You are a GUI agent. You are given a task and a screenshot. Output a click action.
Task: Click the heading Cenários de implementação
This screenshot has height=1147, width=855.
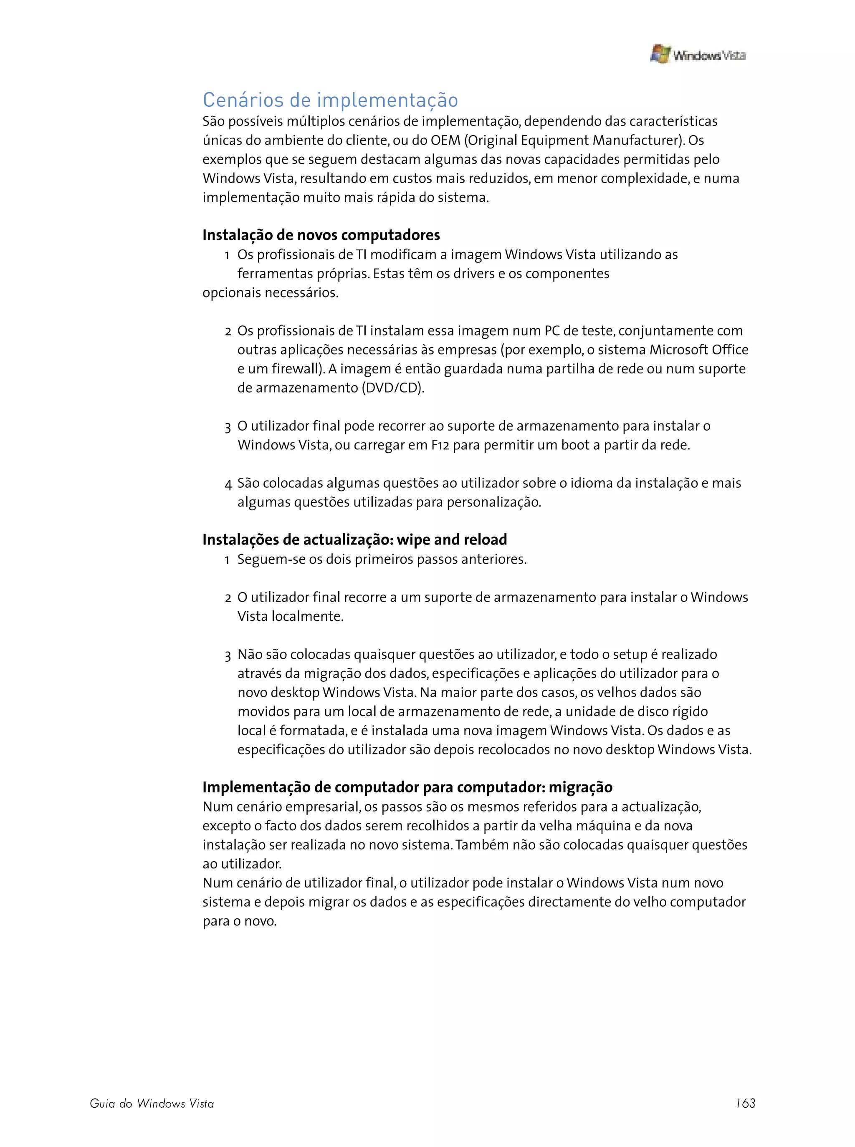(330, 100)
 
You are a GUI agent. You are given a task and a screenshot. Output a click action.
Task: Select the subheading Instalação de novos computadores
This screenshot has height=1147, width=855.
(321, 235)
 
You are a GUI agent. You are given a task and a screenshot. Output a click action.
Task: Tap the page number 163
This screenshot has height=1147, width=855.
(745, 1103)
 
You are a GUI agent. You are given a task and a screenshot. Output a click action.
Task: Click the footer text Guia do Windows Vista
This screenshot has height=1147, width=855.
(152, 1104)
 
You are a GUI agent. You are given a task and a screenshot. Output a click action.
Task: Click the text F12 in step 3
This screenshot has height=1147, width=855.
(440, 445)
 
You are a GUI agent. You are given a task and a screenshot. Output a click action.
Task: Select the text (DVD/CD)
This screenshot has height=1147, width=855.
(392, 388)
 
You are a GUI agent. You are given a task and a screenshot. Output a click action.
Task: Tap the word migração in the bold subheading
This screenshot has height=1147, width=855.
(580, 788)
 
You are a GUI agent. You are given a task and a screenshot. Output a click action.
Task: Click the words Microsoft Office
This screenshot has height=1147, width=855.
(699, 350)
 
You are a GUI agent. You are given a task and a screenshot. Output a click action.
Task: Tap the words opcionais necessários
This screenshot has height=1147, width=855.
(270, 293)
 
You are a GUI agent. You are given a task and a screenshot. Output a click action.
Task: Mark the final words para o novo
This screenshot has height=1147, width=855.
(240, 921)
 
